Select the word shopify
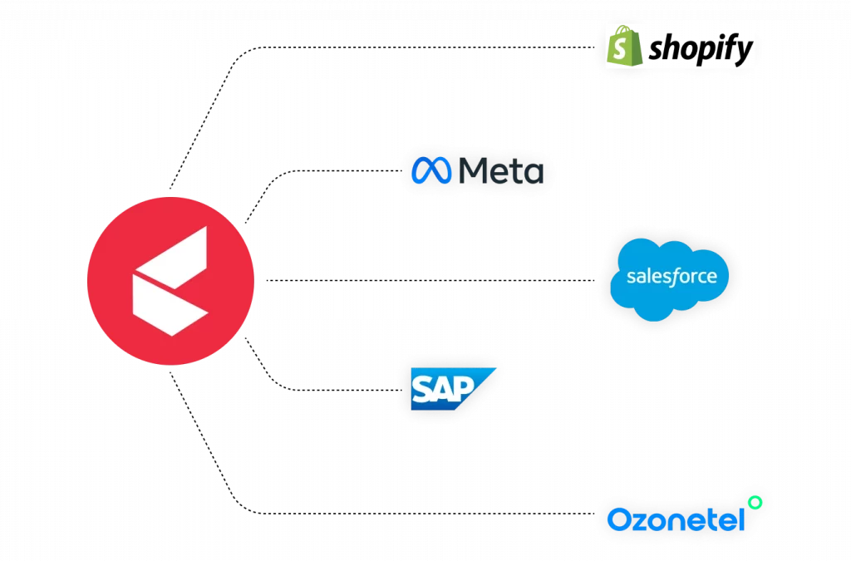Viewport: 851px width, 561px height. pyautogui.click(x=701, y=49)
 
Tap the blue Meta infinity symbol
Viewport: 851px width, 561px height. pyautogui.click(x=431, y=170)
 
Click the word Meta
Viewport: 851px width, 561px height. pyautogui.click(x=501, y=170)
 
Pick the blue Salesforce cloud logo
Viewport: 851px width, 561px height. pyautogui.click(x=670, y=279)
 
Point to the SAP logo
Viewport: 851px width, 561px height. pyautogui.click(x=453, y=389)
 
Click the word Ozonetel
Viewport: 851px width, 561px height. pyautogui.click(x=676, y=519)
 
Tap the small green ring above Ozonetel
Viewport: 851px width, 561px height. pyautogui.click(x=755, y=502)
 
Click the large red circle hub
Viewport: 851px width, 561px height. pyautogui.click(x=170, y=281)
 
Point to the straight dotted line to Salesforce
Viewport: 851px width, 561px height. pyautogui.click(x=430, y=281)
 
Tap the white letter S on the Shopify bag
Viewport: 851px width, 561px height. pyautogui.click(x=620, y=49)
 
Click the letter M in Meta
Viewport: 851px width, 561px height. pyautogui.click(x=472, y=170)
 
